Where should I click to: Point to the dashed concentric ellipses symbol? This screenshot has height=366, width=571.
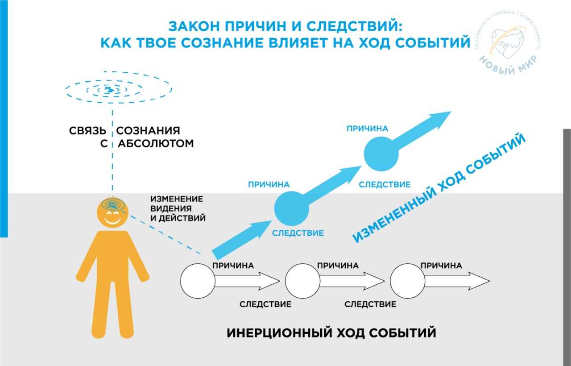pos(118,91)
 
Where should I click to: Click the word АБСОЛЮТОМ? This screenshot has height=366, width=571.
pos(156,144)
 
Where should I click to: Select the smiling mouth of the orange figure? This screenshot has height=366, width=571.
pos(112,220)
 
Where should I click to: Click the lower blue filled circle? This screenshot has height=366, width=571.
pos(291,209)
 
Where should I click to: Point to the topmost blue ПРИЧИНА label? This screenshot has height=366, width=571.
pos(367,129)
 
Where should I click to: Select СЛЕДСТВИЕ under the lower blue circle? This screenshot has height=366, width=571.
pos(298,233)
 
